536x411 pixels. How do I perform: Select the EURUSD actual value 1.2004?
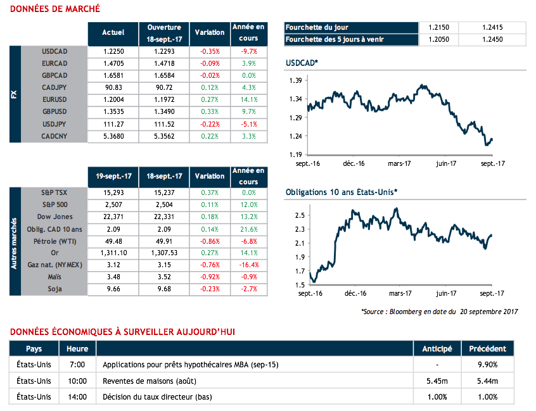click(x=113, y=100)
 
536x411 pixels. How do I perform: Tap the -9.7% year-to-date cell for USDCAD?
click(x=248, y=51)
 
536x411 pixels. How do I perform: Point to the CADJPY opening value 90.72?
click(x=164, y=87)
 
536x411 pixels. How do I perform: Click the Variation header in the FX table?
click(x=210, y=32)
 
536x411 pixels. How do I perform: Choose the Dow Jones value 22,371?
click(x=113, y=217)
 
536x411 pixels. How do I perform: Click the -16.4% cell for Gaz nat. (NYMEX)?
click(x=248, y=265)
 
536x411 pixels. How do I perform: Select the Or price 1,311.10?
click(x=113, y=253)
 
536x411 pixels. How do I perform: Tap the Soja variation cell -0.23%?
click(x=210, y=289)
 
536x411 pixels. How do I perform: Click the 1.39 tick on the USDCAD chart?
click(x=295, y=81)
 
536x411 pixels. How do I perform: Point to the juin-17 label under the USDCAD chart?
click(x=445, y=163)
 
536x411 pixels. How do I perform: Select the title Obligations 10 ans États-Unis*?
click(x=341, y=192)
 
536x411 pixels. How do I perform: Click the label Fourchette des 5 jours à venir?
click(x=334, y=39)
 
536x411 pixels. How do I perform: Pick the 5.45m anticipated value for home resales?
click(x=437, y=381)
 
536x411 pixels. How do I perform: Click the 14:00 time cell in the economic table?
click(x=77, y=397)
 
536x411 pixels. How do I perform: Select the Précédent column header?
click(x=487, y=349)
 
